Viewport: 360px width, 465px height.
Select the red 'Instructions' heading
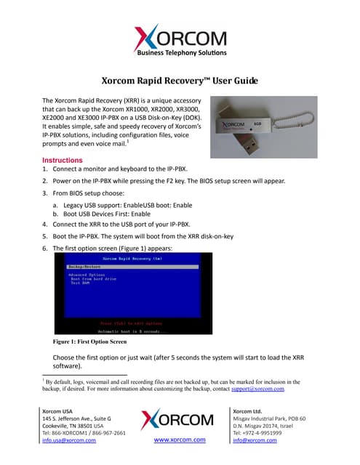tap(68, 160)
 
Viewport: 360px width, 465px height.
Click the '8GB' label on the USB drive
tap(257, 124)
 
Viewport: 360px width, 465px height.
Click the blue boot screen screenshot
tap(134, 293)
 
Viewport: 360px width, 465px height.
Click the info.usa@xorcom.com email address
tap(69, 440)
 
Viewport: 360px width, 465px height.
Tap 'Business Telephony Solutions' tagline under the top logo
tap(180, 53)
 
